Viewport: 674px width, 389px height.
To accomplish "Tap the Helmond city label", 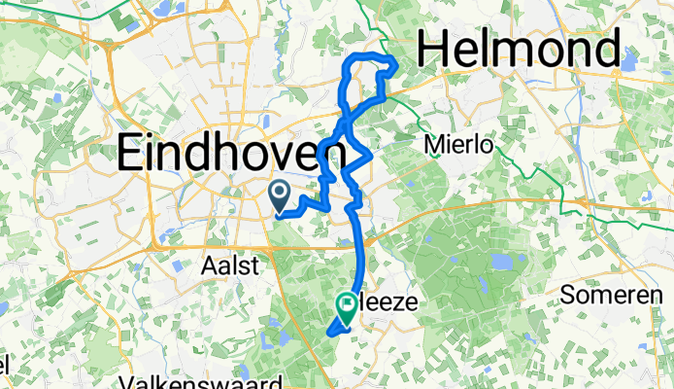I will coord(520,49).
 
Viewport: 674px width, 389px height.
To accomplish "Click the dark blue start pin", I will coord(280,195).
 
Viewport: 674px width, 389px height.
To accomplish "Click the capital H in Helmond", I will coord(434,49).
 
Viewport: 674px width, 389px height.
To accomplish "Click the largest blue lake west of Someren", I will coord(501,263).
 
